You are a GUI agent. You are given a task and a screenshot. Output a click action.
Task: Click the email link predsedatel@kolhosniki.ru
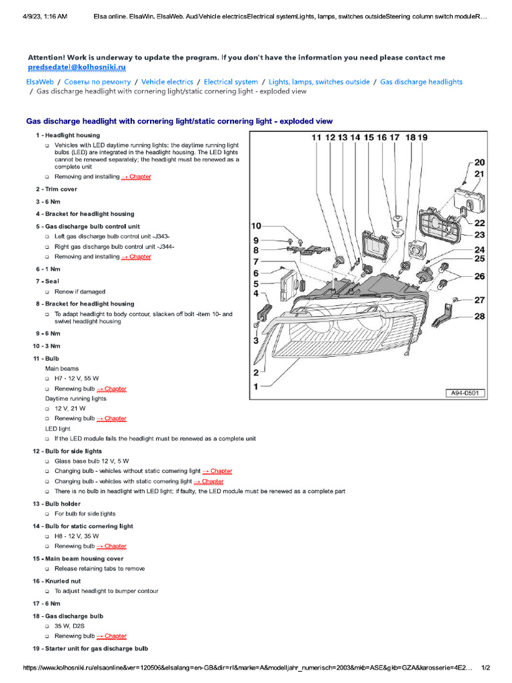(77, 67)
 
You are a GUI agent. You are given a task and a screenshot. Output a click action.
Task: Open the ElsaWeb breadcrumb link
(40, 82)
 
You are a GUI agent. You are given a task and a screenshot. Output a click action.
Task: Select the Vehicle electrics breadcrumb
(167, 82)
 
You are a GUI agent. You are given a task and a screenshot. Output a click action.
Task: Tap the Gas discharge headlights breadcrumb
(421, 82)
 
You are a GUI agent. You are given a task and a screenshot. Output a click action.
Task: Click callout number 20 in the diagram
(479, 162)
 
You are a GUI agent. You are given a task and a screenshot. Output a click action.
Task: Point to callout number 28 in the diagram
(479, 316)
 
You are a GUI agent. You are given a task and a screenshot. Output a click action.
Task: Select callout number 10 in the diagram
(256, 225)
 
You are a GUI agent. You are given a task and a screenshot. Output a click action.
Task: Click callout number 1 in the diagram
(255, 386)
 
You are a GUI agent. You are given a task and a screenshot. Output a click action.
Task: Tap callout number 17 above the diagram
(395, 137)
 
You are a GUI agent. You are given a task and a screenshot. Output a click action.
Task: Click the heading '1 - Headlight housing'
(68, 135)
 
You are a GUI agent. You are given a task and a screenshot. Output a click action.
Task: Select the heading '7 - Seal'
(47, 281)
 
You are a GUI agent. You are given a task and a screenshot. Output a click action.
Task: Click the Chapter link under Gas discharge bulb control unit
(136, 257)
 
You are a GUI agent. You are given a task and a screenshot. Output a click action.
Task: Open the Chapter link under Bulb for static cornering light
(111, 546)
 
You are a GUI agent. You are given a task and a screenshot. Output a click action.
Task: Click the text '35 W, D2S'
(71, 626)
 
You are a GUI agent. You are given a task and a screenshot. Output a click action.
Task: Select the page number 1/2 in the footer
(485, 668)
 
